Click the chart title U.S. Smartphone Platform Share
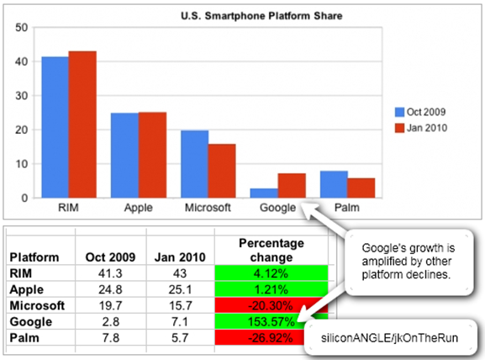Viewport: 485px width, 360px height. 261,16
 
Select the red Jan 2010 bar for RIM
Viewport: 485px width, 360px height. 82,124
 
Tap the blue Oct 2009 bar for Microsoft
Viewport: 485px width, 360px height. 194,164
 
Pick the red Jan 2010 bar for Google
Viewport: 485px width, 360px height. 292,186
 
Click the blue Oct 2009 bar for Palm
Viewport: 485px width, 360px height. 334,184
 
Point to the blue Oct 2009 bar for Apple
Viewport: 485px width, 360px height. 124,156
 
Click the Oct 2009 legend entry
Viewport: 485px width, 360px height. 420,112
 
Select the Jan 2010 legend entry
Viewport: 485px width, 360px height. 421,128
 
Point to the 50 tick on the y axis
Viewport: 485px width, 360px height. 21,28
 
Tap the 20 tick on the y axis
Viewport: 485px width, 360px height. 21,130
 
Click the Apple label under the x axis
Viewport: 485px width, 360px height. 138,208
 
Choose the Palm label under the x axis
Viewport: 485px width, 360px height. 347,208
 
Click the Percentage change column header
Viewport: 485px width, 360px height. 271,250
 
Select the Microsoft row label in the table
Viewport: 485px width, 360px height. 37,305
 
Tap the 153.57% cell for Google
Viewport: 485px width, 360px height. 271,321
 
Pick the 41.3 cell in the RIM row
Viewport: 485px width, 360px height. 110,273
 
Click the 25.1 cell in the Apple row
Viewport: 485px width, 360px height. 181,289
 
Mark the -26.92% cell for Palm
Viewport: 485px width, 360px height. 271,338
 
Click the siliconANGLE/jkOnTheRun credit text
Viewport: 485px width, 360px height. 389,338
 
